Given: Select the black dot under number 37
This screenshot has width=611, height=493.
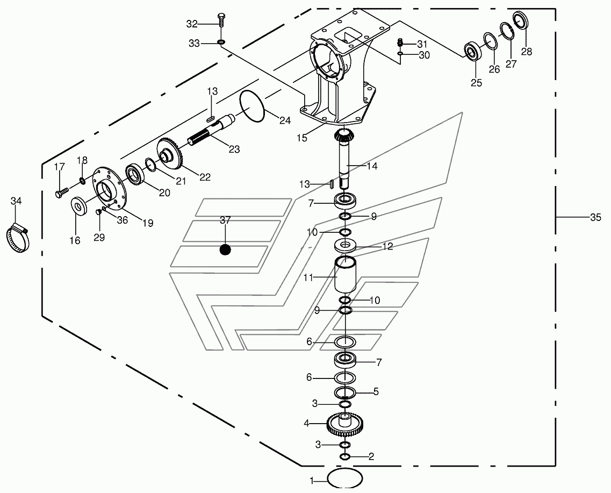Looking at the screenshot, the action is click(225, 249).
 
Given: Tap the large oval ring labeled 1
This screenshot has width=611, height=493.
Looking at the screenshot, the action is click(345, 478).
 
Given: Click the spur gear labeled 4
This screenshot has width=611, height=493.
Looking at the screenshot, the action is click(343, 424).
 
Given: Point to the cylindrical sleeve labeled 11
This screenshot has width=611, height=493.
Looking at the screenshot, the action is click(346, 274).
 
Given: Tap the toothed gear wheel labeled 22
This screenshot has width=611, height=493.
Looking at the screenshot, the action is click(171, 153).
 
